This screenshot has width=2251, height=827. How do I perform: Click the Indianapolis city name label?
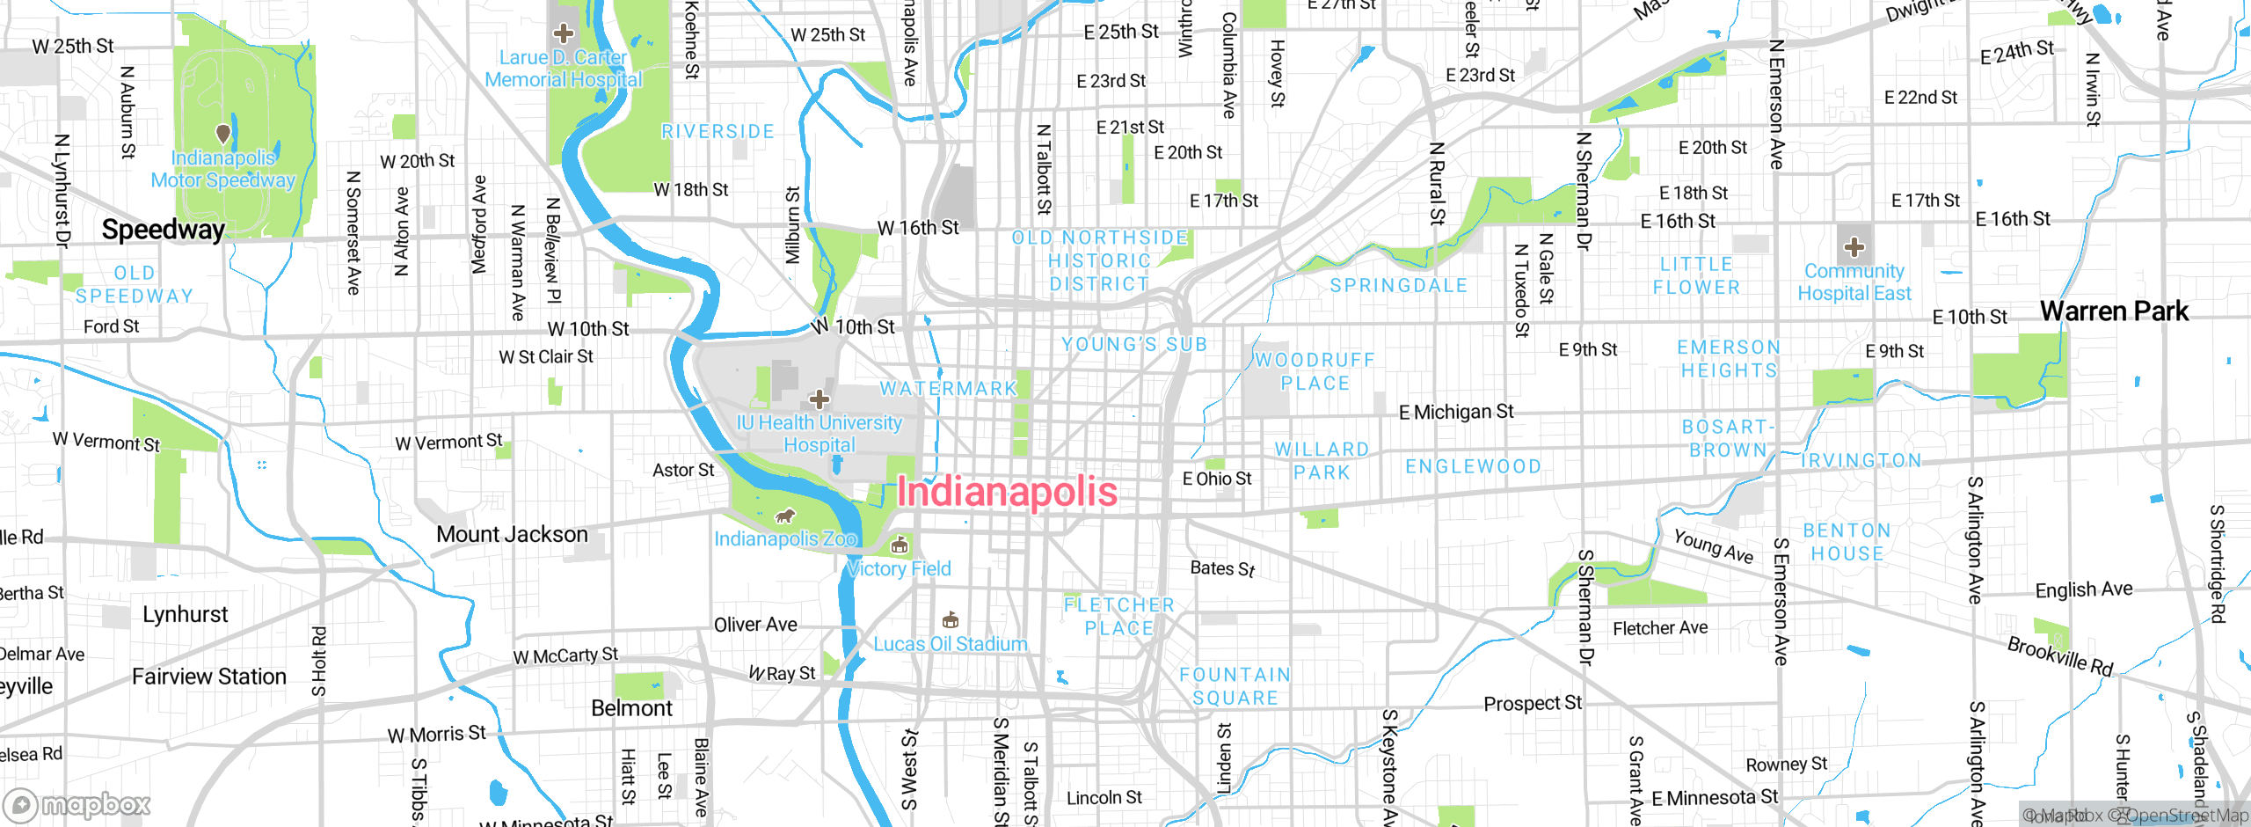(x=1007, y=492)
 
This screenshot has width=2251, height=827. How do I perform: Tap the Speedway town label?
(x=164, y=230)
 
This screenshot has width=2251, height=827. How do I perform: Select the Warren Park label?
(x=2114, y=311)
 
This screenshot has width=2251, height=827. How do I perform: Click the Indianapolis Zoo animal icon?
(x=784, y=516)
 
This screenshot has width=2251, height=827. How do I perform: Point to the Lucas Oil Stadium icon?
(x=950, y=620)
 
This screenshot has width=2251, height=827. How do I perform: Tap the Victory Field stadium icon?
(x=899, y=546)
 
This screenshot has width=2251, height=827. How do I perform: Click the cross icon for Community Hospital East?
(x=1854, y=247)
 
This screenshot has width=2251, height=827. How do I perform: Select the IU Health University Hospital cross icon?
(x=820, y=400)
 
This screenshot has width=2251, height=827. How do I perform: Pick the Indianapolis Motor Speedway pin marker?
(x=223, y=134)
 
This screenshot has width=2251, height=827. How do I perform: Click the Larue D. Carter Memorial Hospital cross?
(x=563, y=34)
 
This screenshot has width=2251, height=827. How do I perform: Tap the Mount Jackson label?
(x=512, y=534)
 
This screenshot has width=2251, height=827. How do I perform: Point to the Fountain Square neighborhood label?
(x=1235, y=686)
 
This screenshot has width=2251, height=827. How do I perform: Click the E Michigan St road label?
(x=1456, y=412)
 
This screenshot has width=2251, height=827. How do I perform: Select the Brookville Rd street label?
(x=2059, y=656)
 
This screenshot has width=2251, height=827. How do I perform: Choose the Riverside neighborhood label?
(x=718, y=132)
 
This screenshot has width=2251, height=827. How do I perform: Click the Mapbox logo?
(x=77, y=804)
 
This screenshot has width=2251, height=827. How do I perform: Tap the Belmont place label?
(x=631, y=708)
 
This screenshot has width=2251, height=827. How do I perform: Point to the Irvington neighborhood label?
(x=1861, y=460)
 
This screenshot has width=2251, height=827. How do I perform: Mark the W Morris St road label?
(x=436, y=735)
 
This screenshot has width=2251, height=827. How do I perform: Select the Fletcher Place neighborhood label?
(x=1118, y=616)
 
